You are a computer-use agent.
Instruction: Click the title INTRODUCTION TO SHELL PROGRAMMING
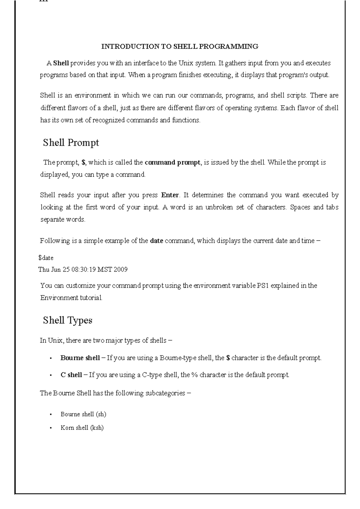click(x=180, y=46)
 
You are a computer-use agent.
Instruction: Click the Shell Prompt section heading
click(x=71, y=143)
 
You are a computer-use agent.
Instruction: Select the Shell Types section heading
click(x=67, y=320)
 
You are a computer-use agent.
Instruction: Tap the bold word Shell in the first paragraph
click(x=61, y=63)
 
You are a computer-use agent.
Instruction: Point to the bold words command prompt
click(x=172, y=162)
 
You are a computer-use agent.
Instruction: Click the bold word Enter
click(x=170, y=195)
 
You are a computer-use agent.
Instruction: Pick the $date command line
click(x=46, y=258)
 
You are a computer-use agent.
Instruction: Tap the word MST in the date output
click(x=105, y=269)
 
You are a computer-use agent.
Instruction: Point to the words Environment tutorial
click(x=71, y=298)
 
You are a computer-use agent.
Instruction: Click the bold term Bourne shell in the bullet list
click(x=80, y=358)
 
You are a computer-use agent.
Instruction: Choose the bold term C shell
click(x=71, y=375)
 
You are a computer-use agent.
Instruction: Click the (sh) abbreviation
click(x=101, y=415)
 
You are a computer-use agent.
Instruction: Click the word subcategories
click(x=165, y=393)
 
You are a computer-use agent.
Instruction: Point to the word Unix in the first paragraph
click(x=186, y=63)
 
